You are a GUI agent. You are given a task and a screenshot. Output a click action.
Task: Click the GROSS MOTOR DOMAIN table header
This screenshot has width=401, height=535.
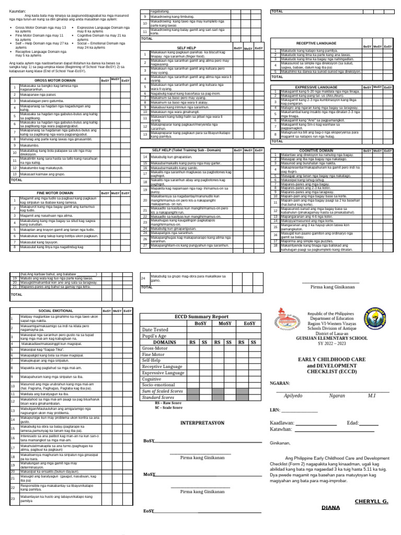[x=54, y=80]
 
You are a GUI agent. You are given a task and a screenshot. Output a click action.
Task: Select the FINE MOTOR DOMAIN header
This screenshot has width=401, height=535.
[x=54, y=193]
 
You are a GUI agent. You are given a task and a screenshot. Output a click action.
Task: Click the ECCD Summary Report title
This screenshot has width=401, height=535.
[x=202, y=317]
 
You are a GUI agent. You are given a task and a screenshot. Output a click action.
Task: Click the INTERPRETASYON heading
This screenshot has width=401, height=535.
[x=202, y=422]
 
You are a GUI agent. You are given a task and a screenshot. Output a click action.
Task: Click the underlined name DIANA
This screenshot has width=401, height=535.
[x=331, y=507]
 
